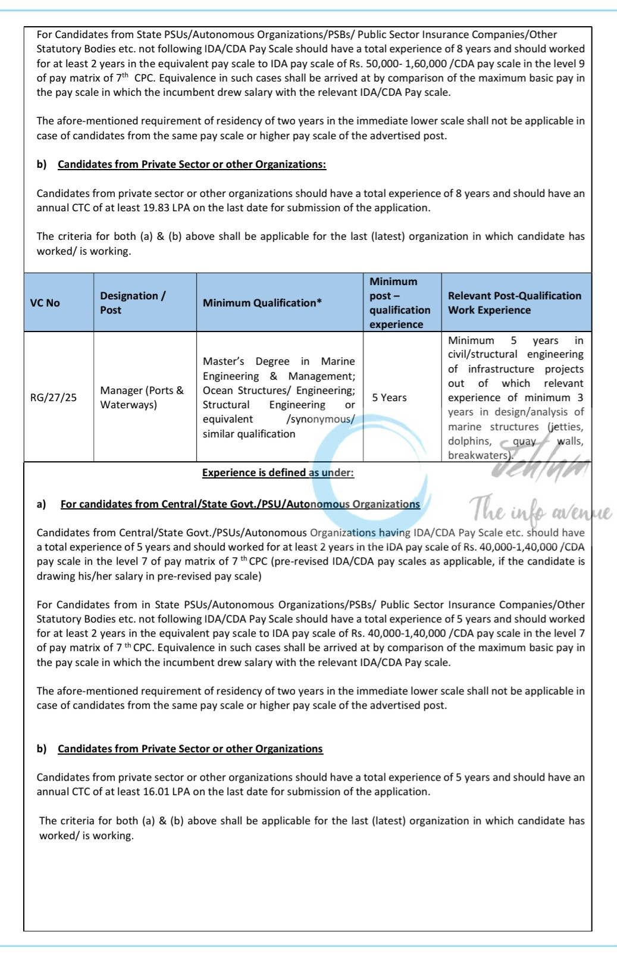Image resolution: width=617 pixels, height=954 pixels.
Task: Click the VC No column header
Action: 45,303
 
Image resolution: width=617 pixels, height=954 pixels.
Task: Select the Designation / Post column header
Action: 133,303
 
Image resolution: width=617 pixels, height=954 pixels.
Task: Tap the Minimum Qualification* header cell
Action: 262,303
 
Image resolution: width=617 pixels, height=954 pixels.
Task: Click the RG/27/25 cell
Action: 54,398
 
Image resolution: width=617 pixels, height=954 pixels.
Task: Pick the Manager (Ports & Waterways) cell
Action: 142,398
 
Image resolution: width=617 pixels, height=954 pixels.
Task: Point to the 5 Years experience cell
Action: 390,398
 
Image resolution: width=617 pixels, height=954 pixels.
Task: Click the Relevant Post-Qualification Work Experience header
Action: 514,303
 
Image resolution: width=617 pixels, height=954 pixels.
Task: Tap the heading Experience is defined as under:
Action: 278,473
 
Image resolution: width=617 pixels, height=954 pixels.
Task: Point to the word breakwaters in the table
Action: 479,456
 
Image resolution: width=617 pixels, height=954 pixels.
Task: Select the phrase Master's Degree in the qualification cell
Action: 249,361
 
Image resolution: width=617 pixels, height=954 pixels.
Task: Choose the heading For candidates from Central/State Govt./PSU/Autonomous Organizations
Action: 240,504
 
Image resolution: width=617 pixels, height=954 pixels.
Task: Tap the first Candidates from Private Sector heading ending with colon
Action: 192,164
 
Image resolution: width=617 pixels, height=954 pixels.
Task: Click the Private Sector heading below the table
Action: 190,749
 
